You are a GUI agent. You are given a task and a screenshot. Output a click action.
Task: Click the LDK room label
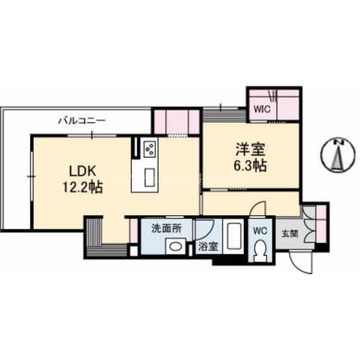coord(83,171)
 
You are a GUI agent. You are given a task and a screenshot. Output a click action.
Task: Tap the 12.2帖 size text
coord(83,187)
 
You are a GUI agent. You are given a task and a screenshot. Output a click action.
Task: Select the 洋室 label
coord(250,149)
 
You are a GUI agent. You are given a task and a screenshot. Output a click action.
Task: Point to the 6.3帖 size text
coord(250,166)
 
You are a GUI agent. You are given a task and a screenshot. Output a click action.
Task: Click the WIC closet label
coord(262,109)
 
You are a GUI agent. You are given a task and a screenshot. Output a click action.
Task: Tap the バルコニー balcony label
coord(82,120)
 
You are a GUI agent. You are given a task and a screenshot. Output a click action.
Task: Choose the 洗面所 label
coord(166,229)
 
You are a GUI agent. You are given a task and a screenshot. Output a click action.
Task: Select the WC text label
coord(260,231)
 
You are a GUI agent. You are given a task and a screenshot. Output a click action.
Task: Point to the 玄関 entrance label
coord(290,234)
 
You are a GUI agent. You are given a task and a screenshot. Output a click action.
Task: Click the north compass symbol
coord(338,155)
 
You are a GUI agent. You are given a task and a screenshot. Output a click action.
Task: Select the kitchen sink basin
coord(149,177)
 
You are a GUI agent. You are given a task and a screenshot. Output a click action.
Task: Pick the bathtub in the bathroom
coord(234,236)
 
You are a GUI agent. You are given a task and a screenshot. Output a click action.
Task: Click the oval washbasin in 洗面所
coord(175,246)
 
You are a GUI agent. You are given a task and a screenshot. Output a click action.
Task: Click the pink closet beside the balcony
coord(177,122)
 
